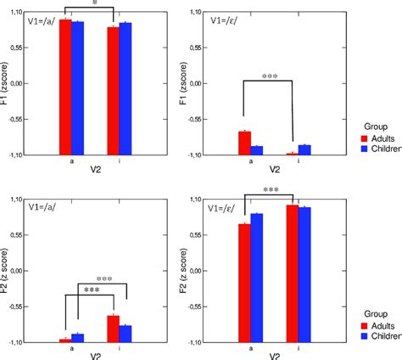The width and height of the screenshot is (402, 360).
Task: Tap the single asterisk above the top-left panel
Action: point(95,4)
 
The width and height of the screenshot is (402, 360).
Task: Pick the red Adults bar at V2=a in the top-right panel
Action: point(244,143)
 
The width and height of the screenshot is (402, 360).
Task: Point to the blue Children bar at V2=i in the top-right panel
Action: point(304,149)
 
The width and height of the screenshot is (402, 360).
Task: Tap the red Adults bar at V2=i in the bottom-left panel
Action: point(113,328)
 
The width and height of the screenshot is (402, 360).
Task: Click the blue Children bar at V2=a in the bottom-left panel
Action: point(77,337)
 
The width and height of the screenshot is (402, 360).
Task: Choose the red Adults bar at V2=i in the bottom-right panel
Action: point(292,273)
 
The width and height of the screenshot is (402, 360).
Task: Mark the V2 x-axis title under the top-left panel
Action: point(95,168)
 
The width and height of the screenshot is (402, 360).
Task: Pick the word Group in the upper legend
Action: point(372,124)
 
